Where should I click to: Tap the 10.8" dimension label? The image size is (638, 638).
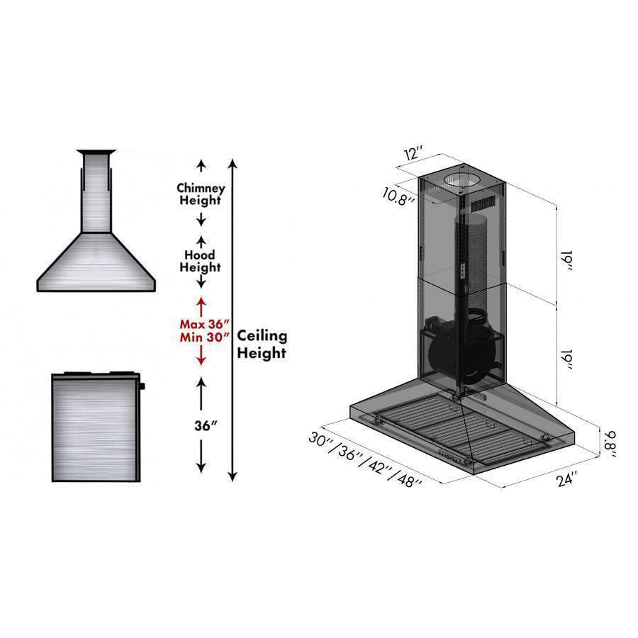(398, 196)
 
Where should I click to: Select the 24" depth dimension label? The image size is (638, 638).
(567, 479)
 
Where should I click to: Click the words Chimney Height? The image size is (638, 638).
(201, 194)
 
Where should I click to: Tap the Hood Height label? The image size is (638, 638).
(200, 261)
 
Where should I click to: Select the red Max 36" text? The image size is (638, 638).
(205, 324)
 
